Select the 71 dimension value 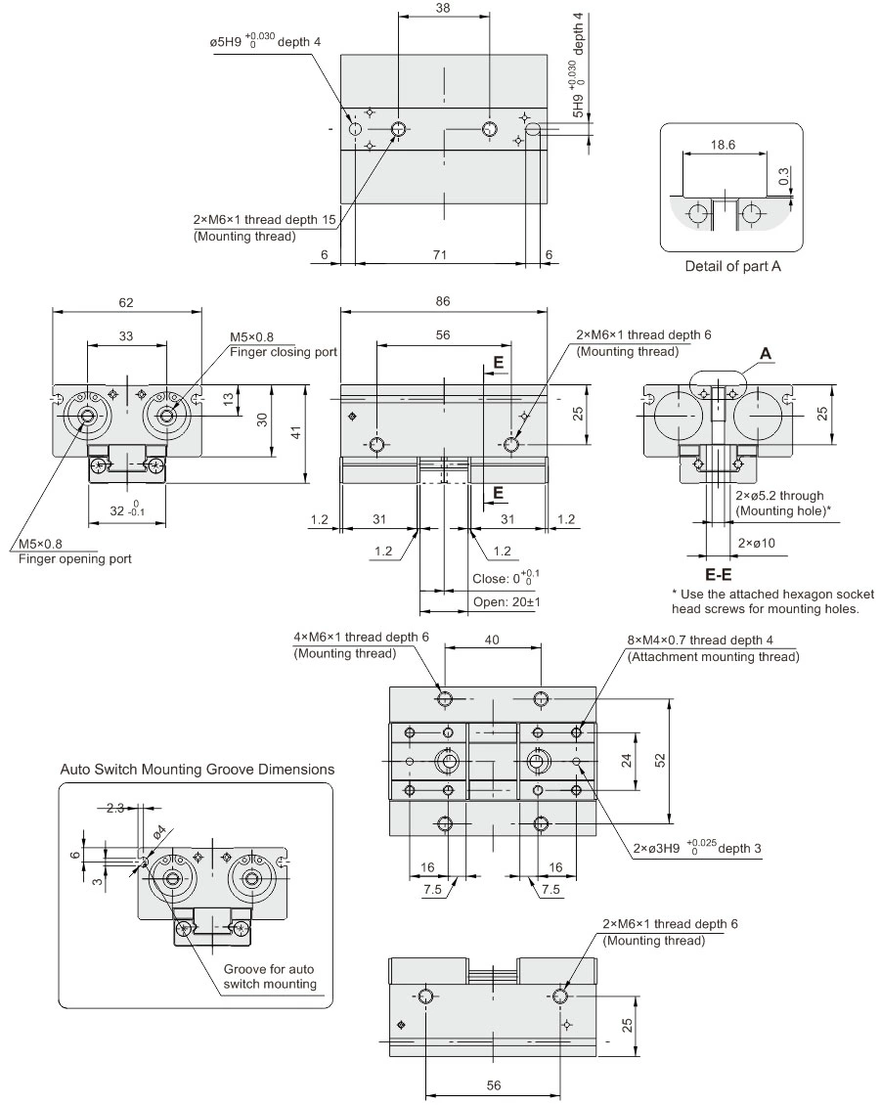440,254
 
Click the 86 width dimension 443,302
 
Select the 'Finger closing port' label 284,352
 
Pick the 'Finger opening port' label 74,559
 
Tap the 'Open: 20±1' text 506,601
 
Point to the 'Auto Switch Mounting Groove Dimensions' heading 198,770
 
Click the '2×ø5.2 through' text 779,495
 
